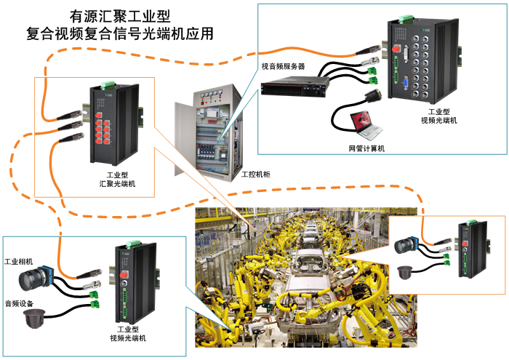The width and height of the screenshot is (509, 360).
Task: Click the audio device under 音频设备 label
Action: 34,319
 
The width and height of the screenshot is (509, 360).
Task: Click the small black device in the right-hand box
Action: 468,251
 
